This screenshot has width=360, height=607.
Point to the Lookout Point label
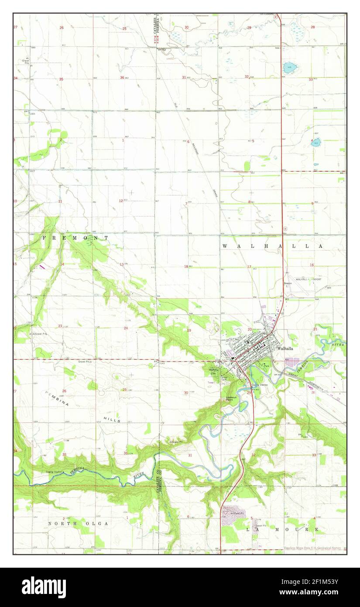pos(231,398)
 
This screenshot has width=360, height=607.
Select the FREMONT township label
pos(75,238)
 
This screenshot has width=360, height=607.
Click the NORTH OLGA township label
pos(78,523)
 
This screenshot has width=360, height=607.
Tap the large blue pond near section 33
pos(290,68)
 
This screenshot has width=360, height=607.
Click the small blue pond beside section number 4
pos(316,142)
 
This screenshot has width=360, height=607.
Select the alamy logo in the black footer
pos(44,587)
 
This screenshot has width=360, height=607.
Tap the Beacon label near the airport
pos(288,283)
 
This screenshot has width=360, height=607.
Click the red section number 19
pos(189,330)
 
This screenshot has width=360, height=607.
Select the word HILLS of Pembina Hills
pos(112,420)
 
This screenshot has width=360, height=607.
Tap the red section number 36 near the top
pos(122,78)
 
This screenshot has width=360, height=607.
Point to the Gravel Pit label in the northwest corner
pos(26,62)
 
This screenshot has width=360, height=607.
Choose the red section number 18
pos(186,266)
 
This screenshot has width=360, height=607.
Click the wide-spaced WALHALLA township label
pos(272,246)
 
